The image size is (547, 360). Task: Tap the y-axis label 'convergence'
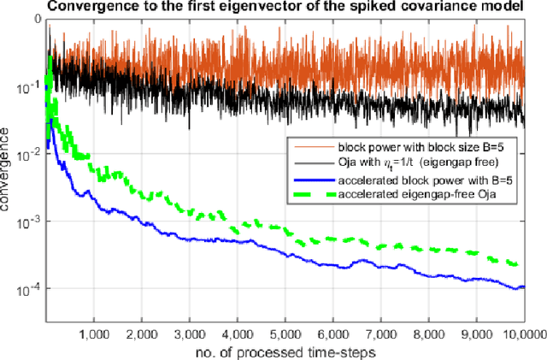8,169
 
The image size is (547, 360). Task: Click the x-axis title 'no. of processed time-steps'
285,351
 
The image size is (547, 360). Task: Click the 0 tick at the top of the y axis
34,18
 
